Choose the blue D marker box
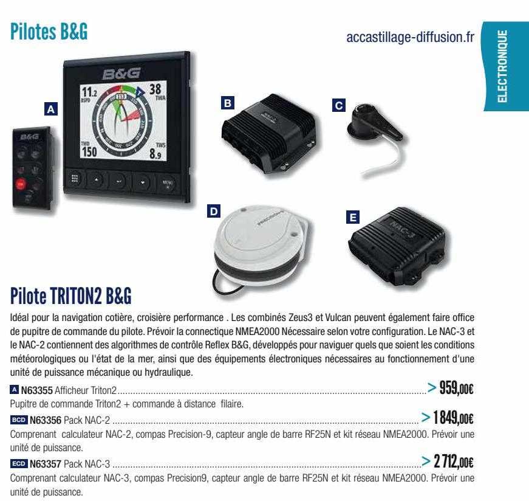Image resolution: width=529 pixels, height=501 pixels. pos(214,212)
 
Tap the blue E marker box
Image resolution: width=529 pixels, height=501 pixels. pos(353,215)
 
